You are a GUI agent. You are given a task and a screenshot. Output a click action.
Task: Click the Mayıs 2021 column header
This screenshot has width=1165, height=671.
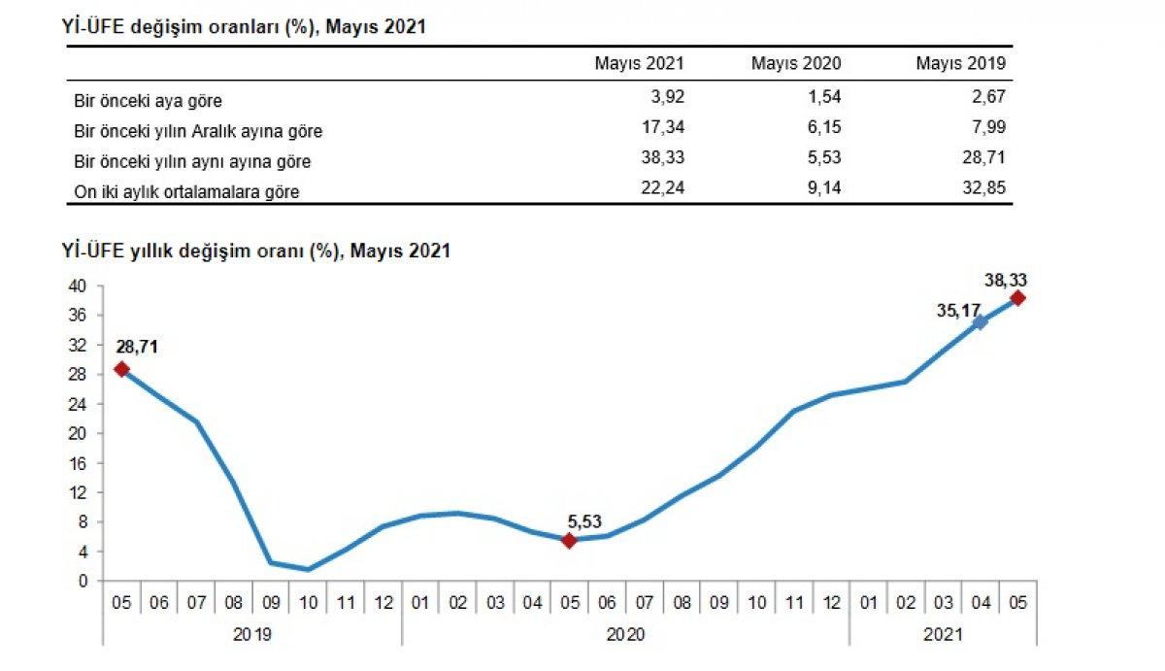640,63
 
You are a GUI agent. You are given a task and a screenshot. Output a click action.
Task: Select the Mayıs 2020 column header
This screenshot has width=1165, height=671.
796,63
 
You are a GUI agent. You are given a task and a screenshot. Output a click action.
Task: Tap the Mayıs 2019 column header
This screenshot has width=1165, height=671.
961,63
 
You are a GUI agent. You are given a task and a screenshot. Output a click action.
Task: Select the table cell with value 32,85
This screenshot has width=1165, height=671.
982,191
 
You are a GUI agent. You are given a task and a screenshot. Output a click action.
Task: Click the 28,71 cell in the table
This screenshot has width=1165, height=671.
982,159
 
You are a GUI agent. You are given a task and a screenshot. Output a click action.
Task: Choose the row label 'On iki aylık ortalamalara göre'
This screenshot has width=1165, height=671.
186,192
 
